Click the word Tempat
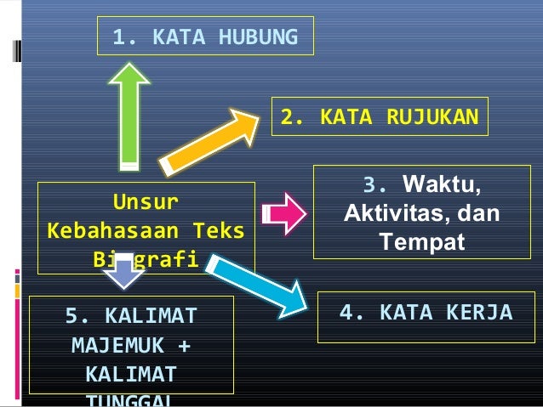422,242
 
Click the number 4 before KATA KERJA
347,314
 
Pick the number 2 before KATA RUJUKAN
289,117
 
